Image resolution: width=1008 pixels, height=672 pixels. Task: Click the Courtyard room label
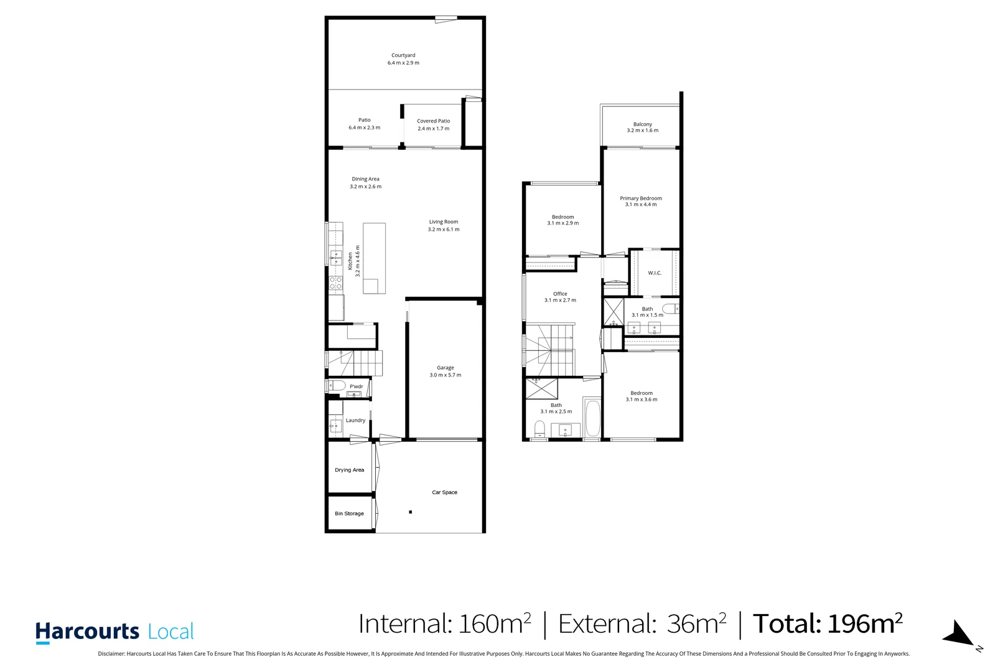pos(403,55)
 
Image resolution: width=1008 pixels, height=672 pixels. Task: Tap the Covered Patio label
pos(433,121)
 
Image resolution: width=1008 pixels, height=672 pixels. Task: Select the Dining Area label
pos(365,179)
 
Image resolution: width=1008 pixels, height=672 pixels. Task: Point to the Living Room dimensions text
pos(444,230)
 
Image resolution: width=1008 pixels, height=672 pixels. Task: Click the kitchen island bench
pos(374,258)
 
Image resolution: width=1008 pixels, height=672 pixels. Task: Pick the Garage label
pos(445,368)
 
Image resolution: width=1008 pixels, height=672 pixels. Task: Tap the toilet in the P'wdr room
pos(336,386)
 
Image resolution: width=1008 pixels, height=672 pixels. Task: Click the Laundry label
pos(355,421)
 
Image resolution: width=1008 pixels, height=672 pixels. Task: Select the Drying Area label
pos(349,470)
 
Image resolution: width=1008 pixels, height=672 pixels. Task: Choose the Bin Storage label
pos(349,513)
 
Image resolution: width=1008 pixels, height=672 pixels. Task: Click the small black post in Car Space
pos(410,512)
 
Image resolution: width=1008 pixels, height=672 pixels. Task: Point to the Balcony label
pos(642,124)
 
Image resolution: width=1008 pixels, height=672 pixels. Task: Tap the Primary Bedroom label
pos(641,198)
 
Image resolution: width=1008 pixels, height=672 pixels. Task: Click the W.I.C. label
pos(655,273)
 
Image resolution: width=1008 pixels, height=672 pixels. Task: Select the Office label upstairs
pos(560,294)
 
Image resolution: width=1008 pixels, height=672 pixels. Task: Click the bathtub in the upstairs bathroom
pos(592,418)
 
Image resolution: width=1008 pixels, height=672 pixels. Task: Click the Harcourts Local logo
pos(115,632)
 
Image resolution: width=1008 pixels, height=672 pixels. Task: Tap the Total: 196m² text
pos(828,623)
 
